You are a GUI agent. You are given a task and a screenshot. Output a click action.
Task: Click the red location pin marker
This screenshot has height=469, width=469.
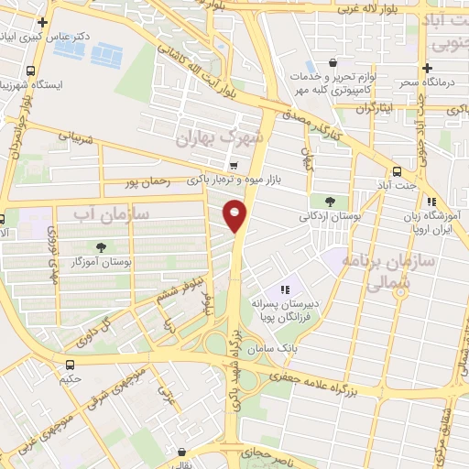[235, 214]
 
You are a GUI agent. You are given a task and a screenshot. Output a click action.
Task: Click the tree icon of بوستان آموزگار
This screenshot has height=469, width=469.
[100, 246]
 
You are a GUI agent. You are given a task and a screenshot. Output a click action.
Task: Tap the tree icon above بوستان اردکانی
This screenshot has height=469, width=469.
[329, 201]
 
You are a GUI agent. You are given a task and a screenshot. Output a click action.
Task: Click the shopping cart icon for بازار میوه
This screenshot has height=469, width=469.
[234, 166]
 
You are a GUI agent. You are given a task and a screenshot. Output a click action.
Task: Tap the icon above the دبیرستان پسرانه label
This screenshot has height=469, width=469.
[285, 289]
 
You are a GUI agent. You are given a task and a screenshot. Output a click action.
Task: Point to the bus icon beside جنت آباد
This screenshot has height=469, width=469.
[397, 170]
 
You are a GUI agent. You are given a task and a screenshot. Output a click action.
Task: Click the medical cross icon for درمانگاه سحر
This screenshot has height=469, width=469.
[427, 68]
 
